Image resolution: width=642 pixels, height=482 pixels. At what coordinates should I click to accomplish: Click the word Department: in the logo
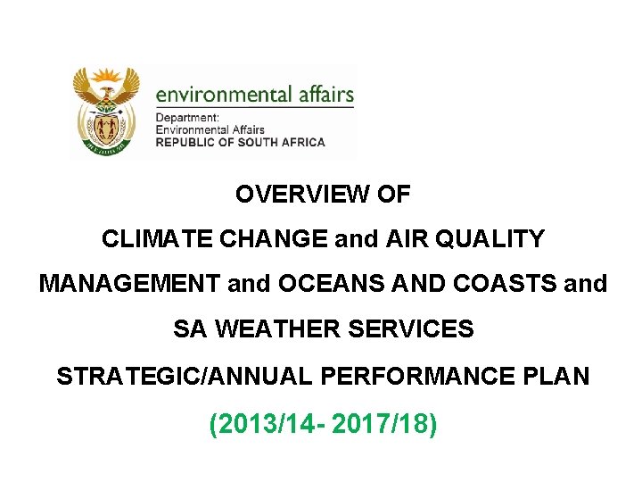187,119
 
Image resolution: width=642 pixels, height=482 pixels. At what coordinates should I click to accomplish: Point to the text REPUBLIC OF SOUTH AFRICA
241,142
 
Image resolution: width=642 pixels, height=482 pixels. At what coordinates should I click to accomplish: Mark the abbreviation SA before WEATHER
189,330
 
